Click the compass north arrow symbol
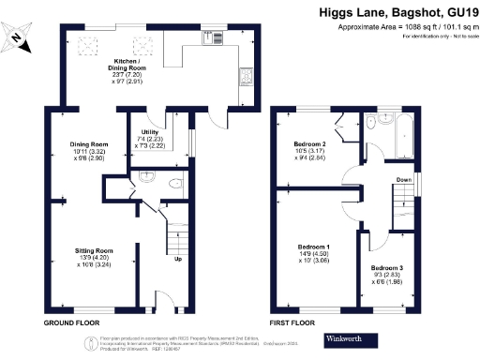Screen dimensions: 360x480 [x=19, y=37]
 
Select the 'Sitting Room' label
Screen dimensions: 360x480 [x=94, y=251]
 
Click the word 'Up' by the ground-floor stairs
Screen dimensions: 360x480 [x=177, y=259]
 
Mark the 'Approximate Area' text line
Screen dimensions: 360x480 [x=406, y=28]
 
